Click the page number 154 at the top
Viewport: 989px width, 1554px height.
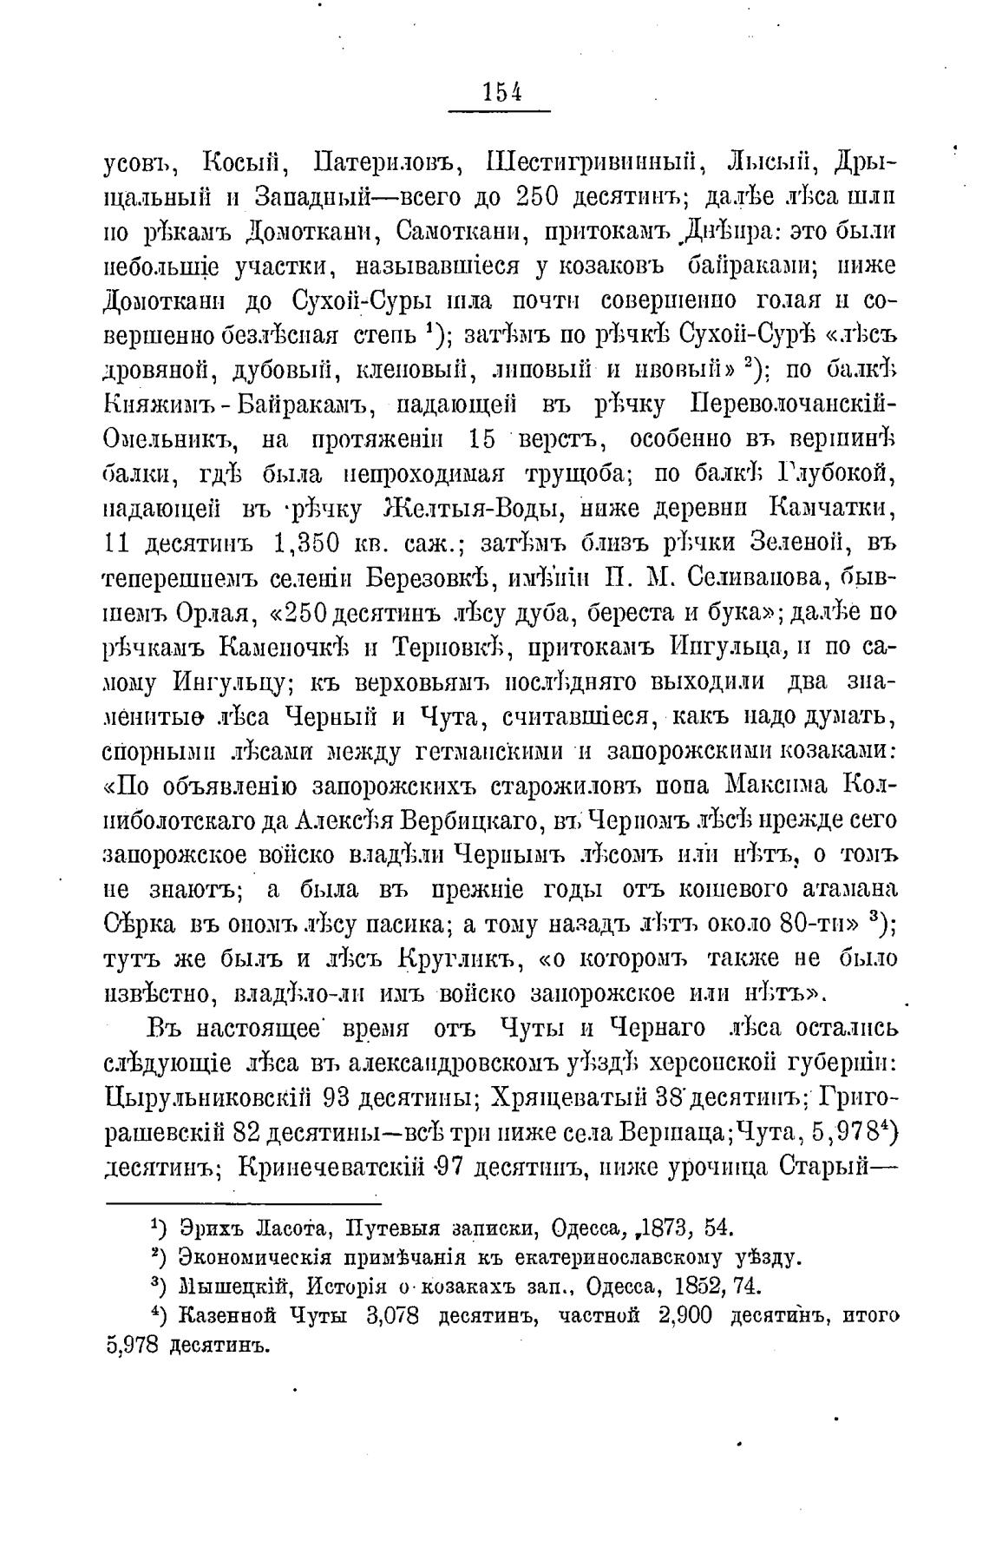tap(501, 93)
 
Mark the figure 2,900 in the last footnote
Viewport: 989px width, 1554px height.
tap(685, 1316)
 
